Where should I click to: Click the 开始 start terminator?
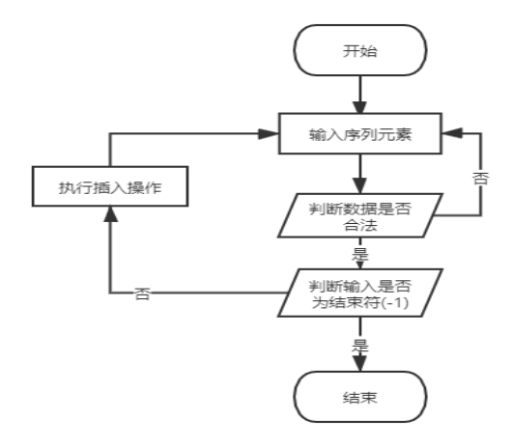coord(360,50)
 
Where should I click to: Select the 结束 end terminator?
coord(360,397)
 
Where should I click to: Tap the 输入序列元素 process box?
coord(360,133)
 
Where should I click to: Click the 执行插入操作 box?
coord(110,186)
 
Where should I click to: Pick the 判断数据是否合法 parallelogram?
coord(360,215)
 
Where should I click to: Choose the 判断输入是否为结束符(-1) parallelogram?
coord(360,293)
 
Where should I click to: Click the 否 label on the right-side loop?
coord(480,179)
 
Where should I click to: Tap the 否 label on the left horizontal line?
coord(143,293)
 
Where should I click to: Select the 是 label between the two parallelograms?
coord(360,254)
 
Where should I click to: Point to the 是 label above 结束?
coord(360,346)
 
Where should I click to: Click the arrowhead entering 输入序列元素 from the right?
coord(452,133)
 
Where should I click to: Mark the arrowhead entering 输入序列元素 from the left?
coord(269,133)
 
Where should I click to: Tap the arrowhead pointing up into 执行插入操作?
coord(110,214)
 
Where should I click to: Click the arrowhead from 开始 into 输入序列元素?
coord(360,107)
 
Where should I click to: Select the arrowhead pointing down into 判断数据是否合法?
coord(360,185)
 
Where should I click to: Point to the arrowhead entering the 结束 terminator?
coord(360,363)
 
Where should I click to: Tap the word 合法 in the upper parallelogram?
coord(360,225)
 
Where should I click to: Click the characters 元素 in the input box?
coord(394,135)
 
